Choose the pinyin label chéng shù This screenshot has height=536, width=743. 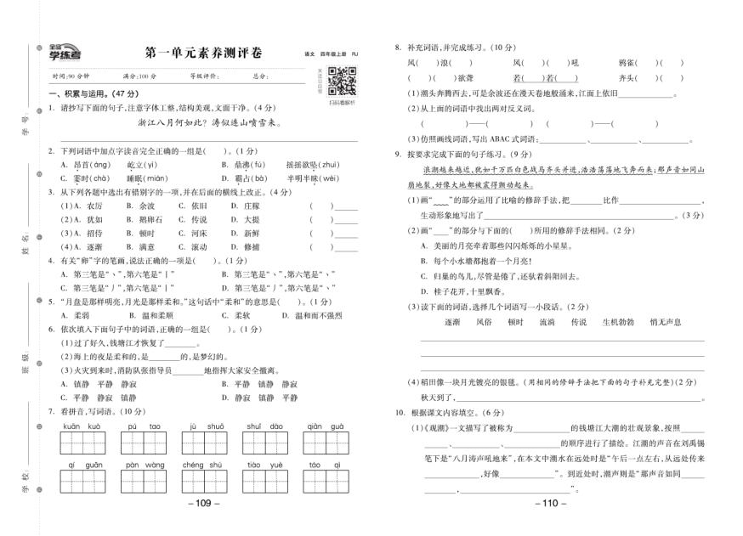201,465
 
